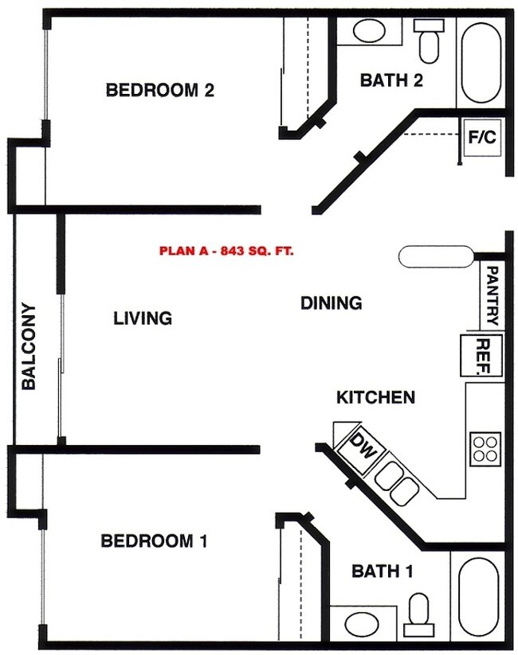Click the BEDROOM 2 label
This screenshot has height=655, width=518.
click(160, 90)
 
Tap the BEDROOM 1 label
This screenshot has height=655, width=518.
click(154, 541)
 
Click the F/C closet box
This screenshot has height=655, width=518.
click(481, 138)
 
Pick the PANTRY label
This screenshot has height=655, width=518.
click(492, 295)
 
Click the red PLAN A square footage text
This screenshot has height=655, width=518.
click(226, 251)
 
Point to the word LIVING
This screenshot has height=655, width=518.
click(143, 318)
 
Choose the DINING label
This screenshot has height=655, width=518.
click(332, 303)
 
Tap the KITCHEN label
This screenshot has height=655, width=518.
click(375, 397)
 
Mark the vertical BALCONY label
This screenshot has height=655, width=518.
click(29, 346)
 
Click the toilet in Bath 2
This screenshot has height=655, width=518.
click(429, 40)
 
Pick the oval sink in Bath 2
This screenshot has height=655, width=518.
click(368, 31)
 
